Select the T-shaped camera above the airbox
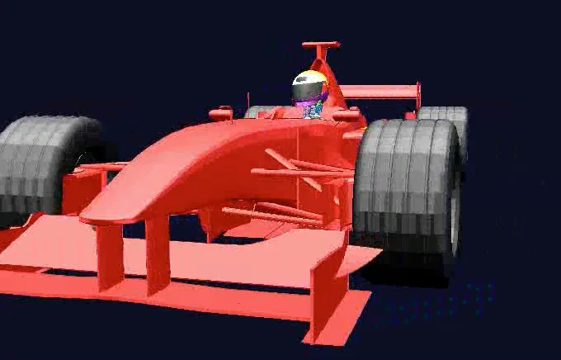click(321, 45)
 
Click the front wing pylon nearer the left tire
click(110, 256)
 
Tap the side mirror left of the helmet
click(221, 112)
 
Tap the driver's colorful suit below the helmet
click(313, 110)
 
